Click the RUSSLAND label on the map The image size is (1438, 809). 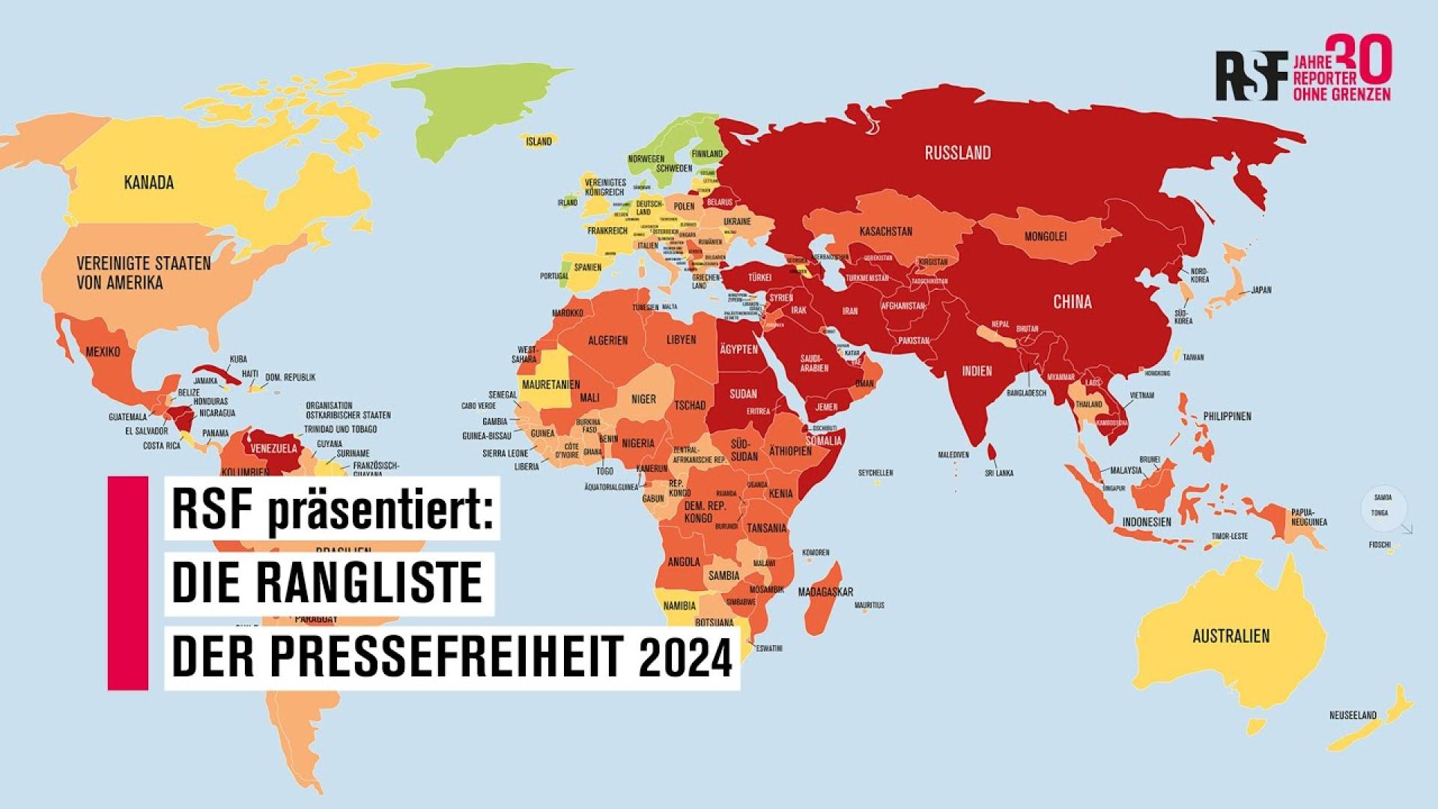[x=957, y=153]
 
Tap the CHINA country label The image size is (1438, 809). [x=1072, y=302]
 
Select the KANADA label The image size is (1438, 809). [x=149, y=182]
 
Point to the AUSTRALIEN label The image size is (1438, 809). [x=1231, y=636]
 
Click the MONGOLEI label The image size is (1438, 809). [x=1046, y=236]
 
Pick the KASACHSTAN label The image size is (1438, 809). [x=885, y=231]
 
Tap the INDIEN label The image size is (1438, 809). [x=977, y=371]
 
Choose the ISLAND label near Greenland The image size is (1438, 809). [x=539, y=141]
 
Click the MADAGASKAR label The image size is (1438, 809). [x=825, y=592]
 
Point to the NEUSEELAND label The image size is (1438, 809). [x=1353, y=715]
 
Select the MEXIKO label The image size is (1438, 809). [x=103, y=351]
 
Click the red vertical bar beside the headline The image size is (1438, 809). [x=127, y=582]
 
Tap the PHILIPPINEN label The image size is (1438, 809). [x=1227, y=416]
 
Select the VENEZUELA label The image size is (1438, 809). [x=275, y=449]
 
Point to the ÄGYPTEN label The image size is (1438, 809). [x=738, y=349]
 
